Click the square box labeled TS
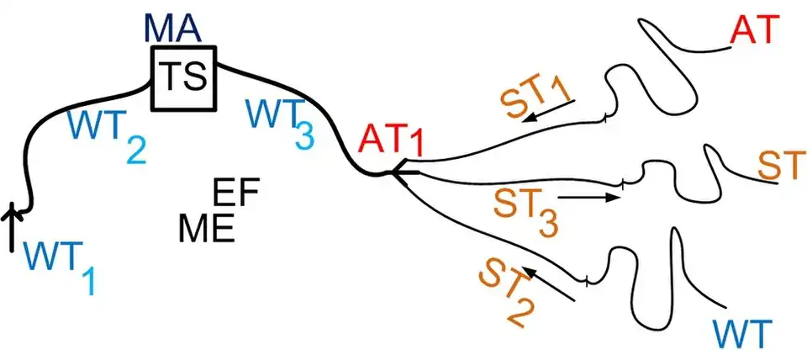184,77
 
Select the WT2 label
107,134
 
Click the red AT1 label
393,140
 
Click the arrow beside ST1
548,111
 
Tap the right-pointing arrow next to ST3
590,198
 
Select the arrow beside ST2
548,284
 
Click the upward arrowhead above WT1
13,215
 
